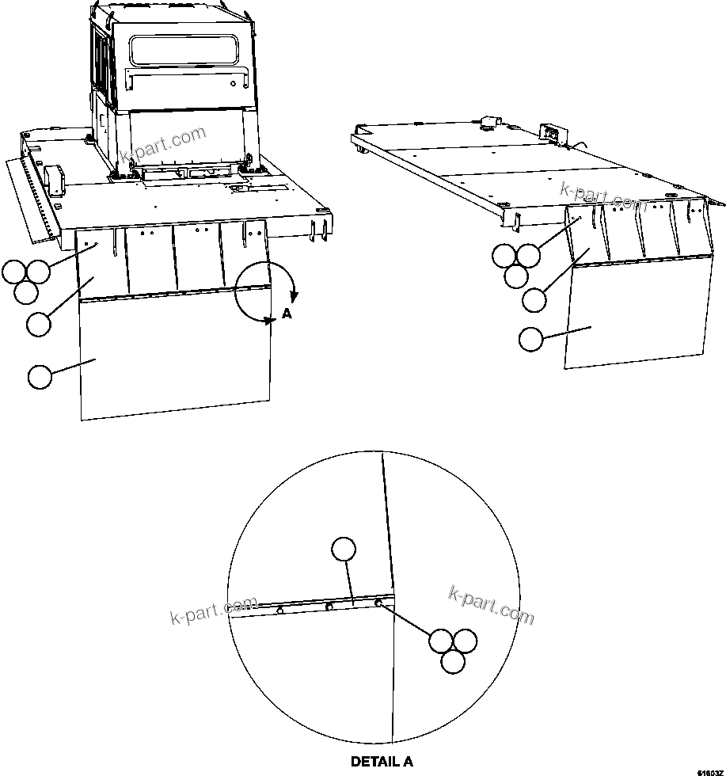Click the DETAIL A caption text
382,762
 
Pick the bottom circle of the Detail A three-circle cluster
452,662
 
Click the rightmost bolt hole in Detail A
378,604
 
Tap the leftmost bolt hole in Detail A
280,611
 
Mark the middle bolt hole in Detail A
329,607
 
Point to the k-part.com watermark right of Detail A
491,605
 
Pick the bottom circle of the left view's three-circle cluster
26,292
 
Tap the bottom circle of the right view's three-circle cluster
516,276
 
